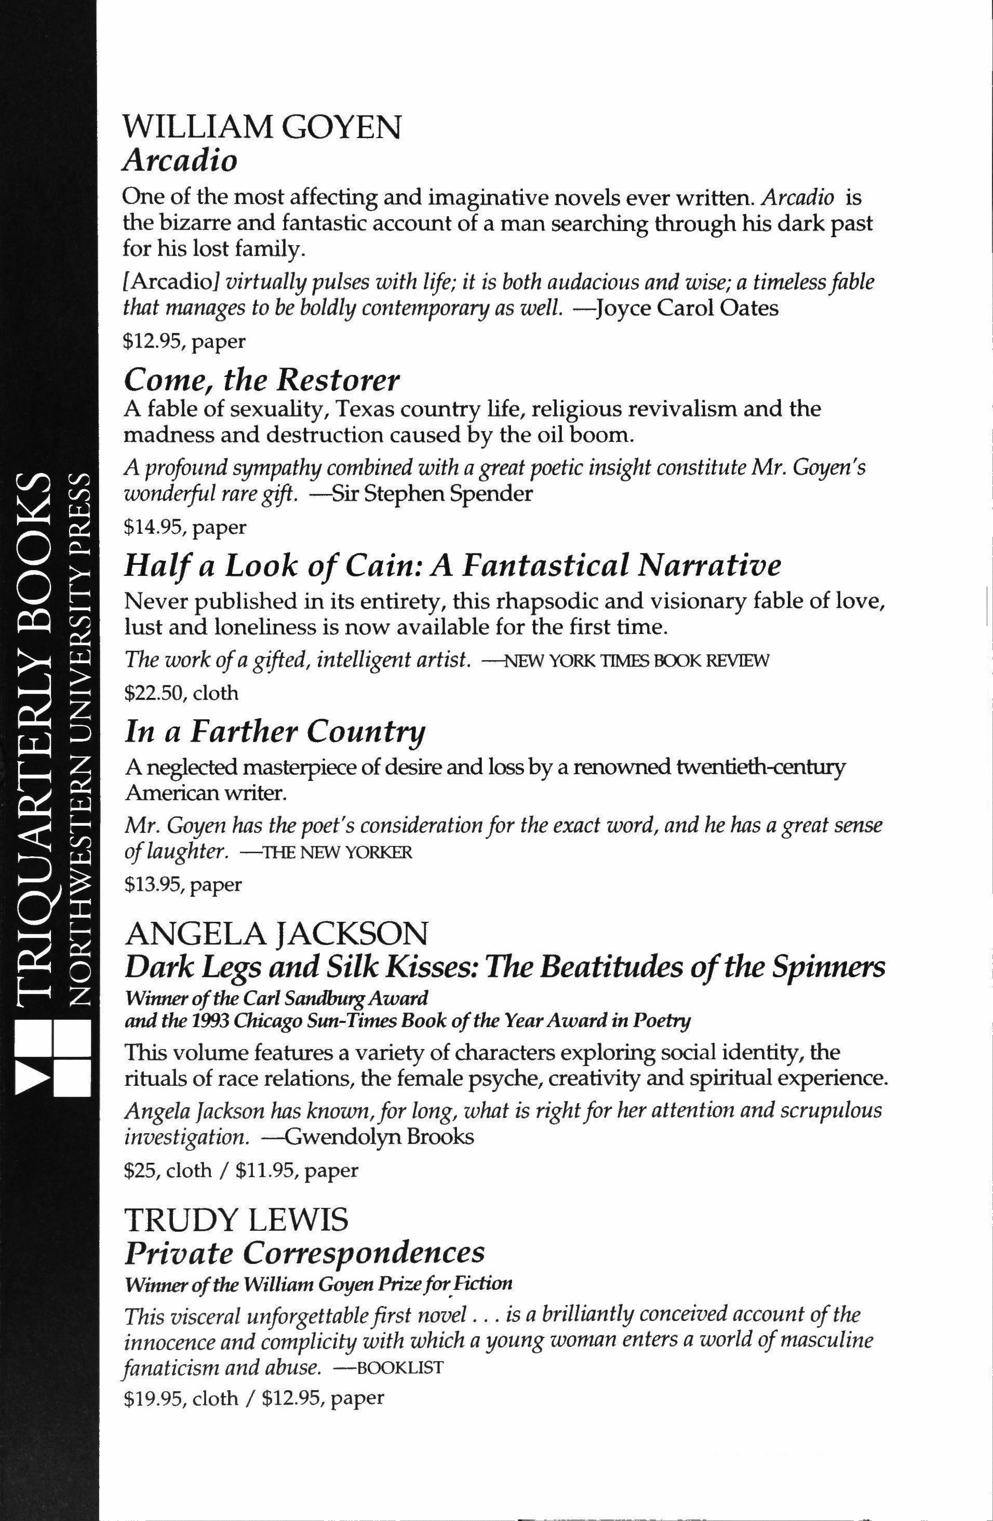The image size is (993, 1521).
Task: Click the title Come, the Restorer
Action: point(261,380)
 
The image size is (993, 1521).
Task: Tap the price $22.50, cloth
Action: point(181,693)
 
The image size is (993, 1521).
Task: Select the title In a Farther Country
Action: point(275,732)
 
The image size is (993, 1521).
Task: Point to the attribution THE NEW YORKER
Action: point(332,853)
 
